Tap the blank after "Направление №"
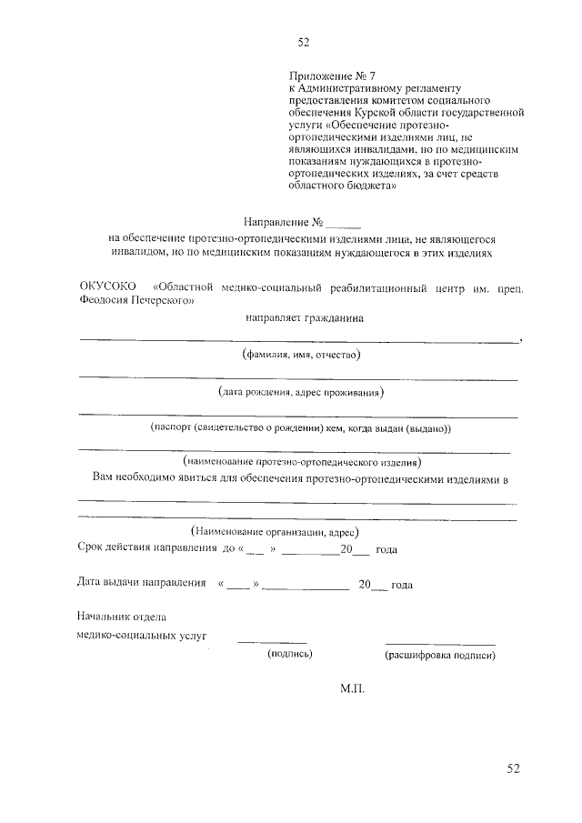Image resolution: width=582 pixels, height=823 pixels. click(344, 221)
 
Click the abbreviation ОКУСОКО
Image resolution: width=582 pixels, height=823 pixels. click(106, 288)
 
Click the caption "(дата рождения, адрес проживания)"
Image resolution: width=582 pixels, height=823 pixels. click(301, 392)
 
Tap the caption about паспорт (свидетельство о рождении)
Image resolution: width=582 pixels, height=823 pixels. click(300, 427)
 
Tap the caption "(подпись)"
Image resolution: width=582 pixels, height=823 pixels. click(289, 654)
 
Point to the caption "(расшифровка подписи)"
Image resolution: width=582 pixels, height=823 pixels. click(440, 654)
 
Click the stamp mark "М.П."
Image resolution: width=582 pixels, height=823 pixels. click(352, 691)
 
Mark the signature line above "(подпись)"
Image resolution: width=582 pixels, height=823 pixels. click(272, 643)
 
